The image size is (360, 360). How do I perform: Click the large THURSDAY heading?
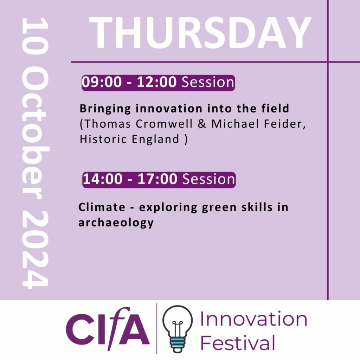pos(200,33)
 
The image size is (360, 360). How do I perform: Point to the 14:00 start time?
pos(103,179)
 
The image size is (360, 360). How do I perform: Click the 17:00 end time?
pos(157,179)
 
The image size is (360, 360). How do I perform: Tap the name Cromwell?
pos(164,124)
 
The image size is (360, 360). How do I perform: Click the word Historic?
pos(103,139)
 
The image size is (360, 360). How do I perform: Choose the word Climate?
pos(102,207)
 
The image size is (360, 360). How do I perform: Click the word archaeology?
pos(116,223)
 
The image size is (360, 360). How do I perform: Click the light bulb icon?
pos(177,329)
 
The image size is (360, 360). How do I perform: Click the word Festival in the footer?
pos(238,342)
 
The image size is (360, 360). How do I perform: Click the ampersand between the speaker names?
pos(202,124)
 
